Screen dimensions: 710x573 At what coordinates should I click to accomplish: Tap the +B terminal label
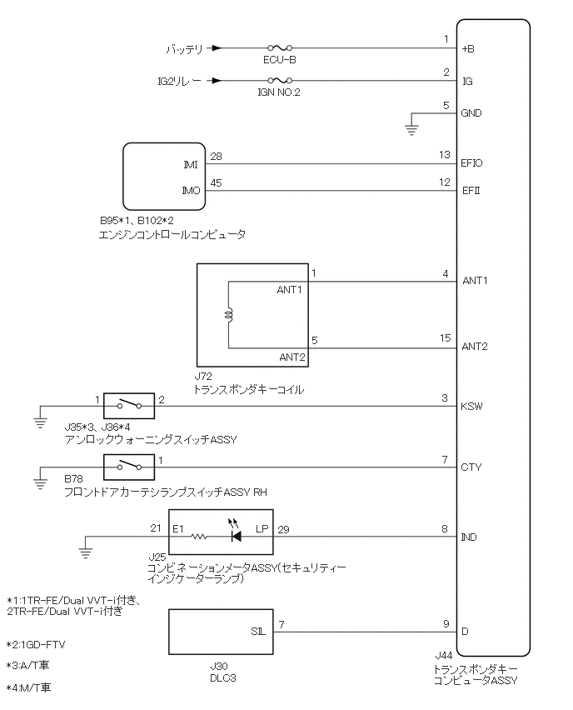(468, 49)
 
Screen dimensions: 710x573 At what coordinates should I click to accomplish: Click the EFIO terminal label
(472, 164)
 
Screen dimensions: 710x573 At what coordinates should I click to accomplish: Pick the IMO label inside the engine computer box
(191, 190)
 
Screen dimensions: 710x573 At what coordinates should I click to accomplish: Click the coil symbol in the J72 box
(229, 315)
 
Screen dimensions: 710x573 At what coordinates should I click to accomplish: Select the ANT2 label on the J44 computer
(474, 347)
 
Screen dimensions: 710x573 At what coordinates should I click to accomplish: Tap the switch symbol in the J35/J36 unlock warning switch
(129, 405)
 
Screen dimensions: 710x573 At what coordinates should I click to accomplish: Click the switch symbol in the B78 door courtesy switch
(129, 467)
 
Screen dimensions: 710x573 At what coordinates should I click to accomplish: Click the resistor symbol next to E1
(200, 537)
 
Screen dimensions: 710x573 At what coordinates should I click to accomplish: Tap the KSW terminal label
(471, 407)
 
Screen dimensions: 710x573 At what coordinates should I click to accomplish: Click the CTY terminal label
(471, 467)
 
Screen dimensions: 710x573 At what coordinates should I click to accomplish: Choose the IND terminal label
(470, 537)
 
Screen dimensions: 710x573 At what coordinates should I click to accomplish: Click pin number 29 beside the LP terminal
(285, 529)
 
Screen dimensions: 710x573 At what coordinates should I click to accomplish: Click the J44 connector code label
(443, 657)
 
